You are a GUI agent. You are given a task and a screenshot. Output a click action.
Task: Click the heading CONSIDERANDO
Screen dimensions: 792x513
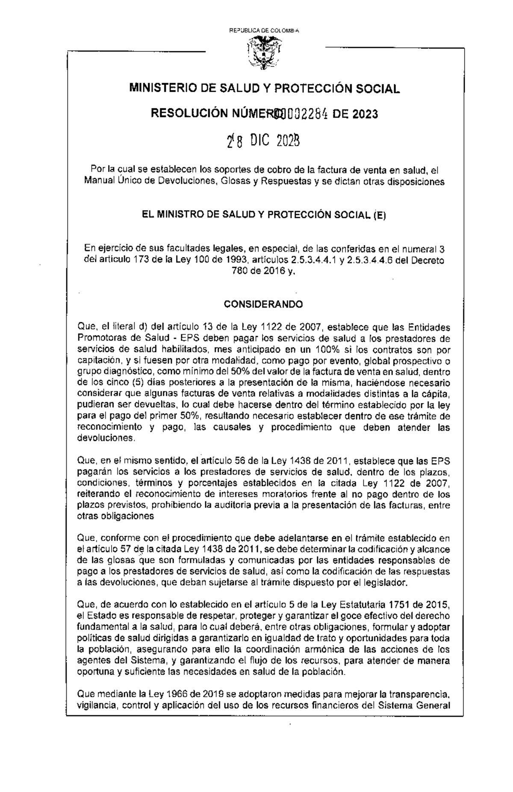(264, 304)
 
